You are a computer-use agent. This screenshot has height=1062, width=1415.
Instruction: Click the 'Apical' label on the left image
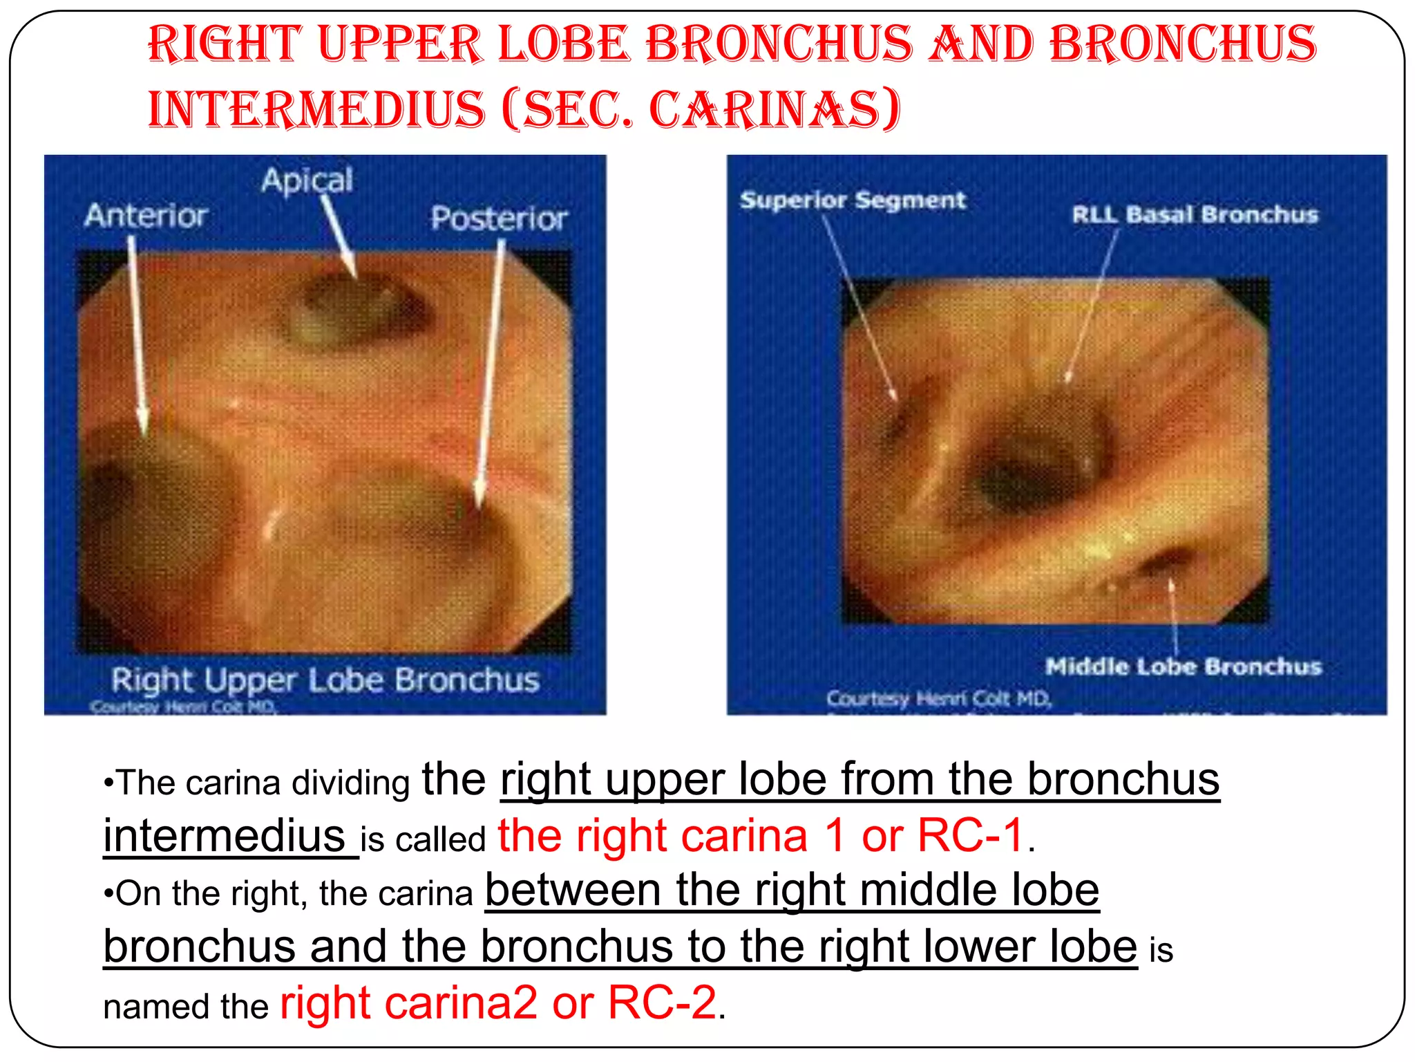pyautogui.click(x=307, y=180)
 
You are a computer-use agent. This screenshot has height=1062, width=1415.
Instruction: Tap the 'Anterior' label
pyautogui.click(x=146, y=216)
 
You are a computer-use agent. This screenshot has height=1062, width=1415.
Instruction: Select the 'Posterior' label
pyautogui.click(x=499, y=218)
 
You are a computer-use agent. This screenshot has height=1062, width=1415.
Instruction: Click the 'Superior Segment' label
pyautogui.click(x=853, y=201)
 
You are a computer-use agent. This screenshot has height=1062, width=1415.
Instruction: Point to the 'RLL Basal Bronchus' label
pyautogui.click(x=1195, y=215)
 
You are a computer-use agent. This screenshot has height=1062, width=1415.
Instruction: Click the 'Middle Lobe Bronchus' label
pyautogui.click(x=1183, y=667)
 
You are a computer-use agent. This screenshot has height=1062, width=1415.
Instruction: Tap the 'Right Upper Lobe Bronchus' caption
pyautogui.click(x=325, y=680)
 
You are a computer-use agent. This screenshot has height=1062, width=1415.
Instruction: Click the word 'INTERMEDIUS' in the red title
pyautogui.click(x=317, y=109)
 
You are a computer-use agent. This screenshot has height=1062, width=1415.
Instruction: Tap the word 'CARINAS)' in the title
pyautogui.click(x=775, y=109)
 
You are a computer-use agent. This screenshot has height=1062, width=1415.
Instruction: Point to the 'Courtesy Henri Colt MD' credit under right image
pyautogui.click(x=938, y=699)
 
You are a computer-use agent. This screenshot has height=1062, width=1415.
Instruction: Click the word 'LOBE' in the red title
pyautogui.click(x=564, y=44)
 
